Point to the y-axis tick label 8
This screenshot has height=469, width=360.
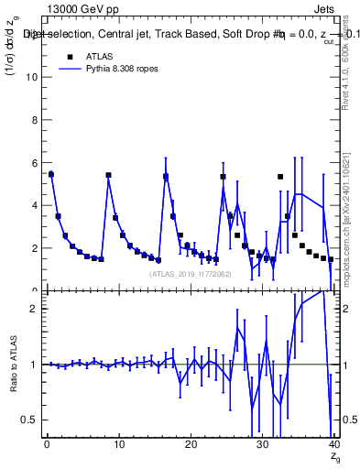[34, 120]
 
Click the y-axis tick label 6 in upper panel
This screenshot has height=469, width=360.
[34, 163]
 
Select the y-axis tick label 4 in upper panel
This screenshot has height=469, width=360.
[34, 205]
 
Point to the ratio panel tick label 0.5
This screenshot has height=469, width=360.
[29, 420]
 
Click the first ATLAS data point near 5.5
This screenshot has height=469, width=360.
[51, 174]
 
